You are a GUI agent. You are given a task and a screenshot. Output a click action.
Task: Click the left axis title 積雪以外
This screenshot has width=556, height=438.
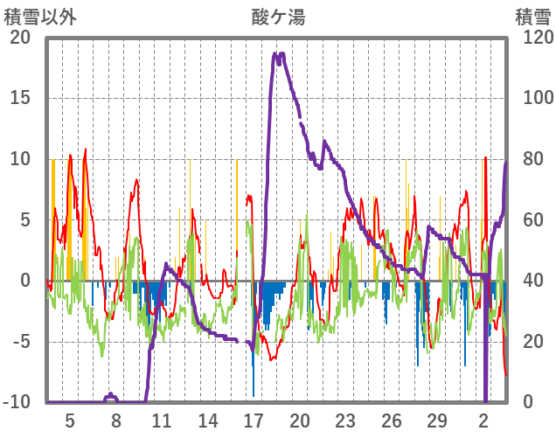(x=40, y=16)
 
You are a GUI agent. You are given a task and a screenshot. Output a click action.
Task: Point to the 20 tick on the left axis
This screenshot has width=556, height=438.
(x=20, y=37)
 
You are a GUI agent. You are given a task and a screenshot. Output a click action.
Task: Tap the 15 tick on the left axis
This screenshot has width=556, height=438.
(x=20, y=98)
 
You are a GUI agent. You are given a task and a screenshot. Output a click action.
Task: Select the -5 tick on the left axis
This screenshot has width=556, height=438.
(x=20, y=342)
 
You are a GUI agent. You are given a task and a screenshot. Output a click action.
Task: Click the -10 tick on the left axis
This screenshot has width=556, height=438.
(x=17, y=402)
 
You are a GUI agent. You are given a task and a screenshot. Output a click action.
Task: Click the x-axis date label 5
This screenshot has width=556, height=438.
(x=70, y=421)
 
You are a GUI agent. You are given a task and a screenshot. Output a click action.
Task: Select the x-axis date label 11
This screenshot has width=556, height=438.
(x=162, y=421)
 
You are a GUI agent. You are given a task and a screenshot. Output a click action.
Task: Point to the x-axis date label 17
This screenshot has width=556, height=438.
(x=254, y=421)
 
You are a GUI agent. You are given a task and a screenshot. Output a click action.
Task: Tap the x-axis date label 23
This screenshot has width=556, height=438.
(x=346, y=421)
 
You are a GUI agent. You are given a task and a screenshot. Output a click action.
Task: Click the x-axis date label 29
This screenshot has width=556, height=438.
(x=438, y=421)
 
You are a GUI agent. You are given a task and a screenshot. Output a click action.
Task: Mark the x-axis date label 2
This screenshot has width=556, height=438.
(x=484, y=421)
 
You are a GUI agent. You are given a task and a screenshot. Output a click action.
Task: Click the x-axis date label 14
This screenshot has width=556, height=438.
(x=208, y=421)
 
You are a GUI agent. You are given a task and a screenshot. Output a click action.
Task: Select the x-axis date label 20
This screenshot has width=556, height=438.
(x=300, y=421)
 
